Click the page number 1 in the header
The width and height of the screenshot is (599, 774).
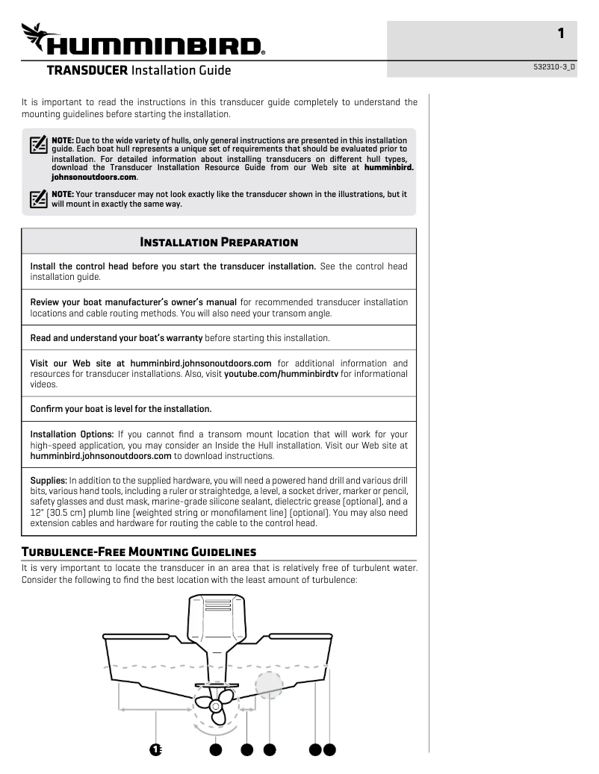(560, 33)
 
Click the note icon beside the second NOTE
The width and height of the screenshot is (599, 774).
(38, 199)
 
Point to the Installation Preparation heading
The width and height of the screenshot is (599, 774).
(219, 242)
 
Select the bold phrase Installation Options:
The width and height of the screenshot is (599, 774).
(72, 434)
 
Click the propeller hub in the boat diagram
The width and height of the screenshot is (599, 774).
(217, 705)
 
